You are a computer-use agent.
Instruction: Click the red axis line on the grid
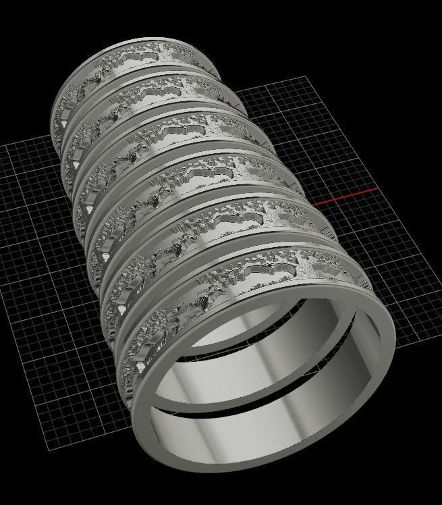point(344,198)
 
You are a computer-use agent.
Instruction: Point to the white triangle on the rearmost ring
point(65,125)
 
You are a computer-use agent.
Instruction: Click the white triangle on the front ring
point(141,368)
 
